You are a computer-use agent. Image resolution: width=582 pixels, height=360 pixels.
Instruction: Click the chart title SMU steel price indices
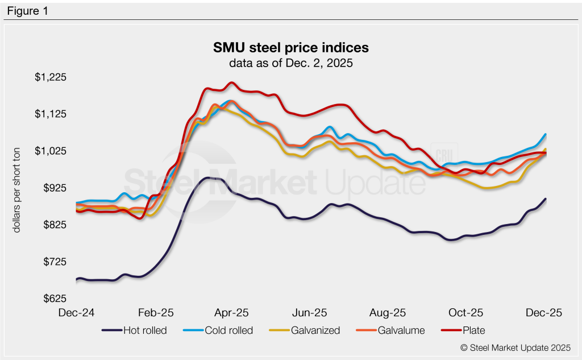[x=291, y=47]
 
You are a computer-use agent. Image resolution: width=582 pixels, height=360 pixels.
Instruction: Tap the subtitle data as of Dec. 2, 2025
[x=291, y=63]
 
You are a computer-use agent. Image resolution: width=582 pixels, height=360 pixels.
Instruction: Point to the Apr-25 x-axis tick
[x=231, y=313]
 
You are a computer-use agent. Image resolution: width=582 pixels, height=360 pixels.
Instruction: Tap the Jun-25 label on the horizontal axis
[x=310, y=313]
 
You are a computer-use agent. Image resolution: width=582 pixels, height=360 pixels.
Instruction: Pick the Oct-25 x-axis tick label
[x=465, y=313]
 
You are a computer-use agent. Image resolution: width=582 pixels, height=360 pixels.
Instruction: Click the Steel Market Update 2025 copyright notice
[x=516, y=347]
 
